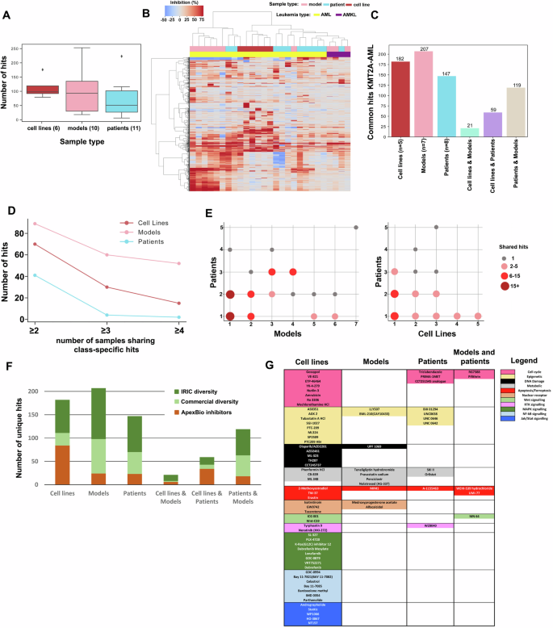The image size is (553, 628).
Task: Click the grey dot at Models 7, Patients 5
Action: [x=356, y=228]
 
